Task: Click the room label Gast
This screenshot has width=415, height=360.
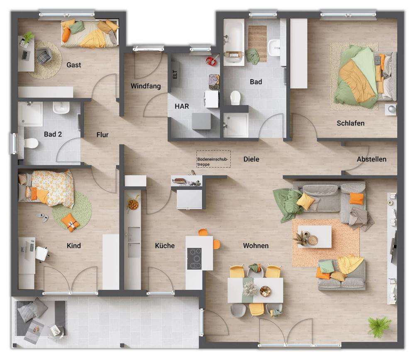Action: point(74,65)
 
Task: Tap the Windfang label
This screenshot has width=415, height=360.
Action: point(145,86)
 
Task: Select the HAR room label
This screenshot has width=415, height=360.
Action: point(182,106)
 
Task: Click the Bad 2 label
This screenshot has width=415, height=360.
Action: point(53,134)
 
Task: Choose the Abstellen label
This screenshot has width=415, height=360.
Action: point(371,159)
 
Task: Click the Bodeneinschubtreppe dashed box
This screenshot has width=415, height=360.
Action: point(213,159)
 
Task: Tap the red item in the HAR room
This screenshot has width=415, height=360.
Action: point(210,61)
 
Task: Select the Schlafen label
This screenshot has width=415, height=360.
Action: point(351,123)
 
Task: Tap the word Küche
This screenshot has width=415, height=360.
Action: point(165,246)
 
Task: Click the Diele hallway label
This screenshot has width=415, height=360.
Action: point(251,159)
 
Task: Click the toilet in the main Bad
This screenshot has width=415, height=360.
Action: point(236,98)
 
